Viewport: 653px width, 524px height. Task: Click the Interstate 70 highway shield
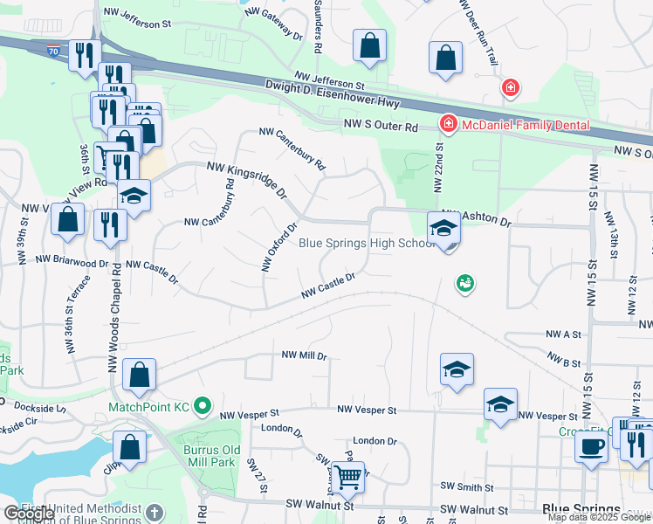point(54,52)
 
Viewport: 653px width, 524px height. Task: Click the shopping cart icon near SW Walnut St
point(348,478)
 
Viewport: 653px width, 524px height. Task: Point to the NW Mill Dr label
point(304,356)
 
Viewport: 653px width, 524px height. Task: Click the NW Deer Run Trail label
point(478,30)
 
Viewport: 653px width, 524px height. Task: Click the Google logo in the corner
point(29,514)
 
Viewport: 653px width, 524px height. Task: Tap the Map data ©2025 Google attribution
point(599,517)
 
